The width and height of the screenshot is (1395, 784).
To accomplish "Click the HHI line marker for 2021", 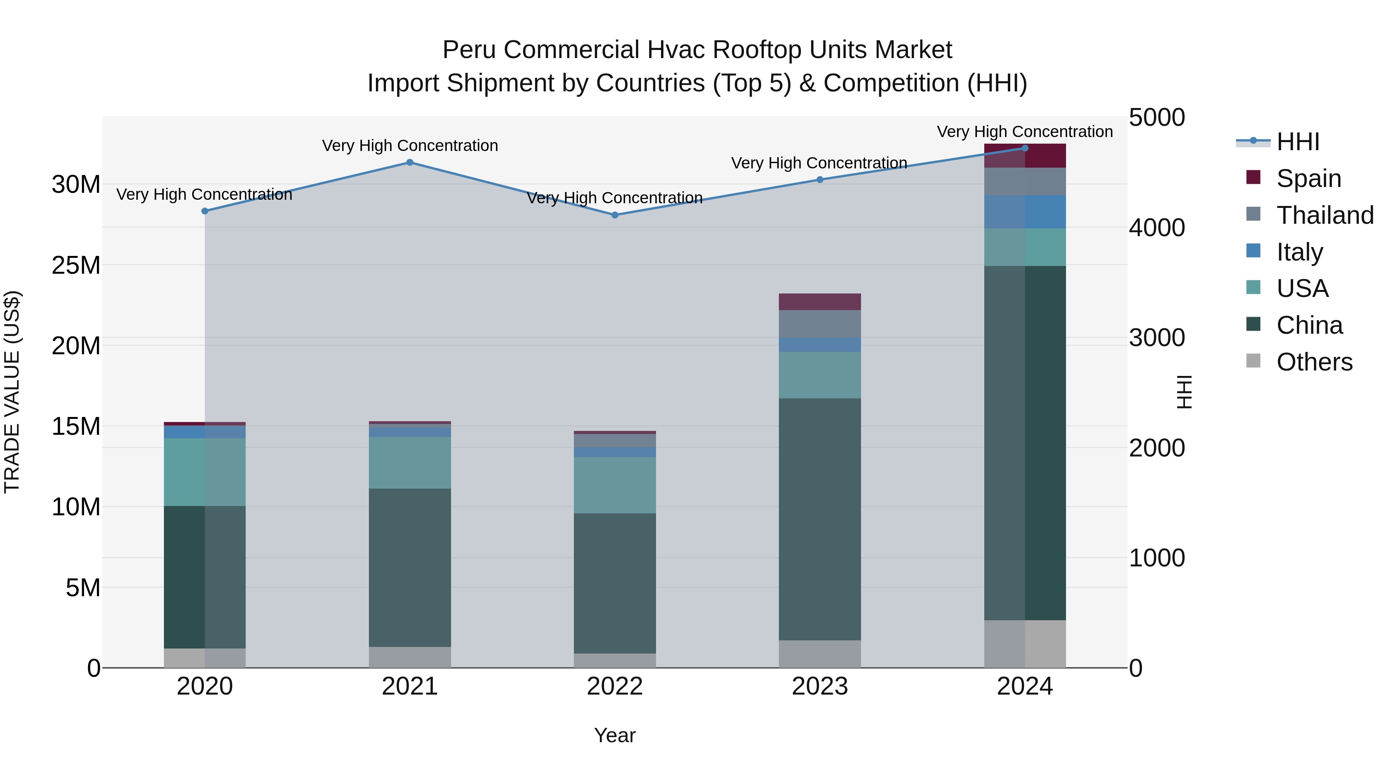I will [x=410, y=162].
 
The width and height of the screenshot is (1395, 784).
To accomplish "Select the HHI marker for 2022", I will [x=615, y=215].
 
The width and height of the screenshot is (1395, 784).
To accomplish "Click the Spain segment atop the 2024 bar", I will [x=1025, y=156].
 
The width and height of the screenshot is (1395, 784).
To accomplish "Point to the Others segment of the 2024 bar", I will [x=1025, y=644].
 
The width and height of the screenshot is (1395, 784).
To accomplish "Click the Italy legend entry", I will [x=1299, y=252].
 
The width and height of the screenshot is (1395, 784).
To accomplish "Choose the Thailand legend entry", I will [x=1324, y=215].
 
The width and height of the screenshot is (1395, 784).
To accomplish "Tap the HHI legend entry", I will [x=1297, y=142].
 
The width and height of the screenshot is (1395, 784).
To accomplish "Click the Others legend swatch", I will [x=1253, y=361].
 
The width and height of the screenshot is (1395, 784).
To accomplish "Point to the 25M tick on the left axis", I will [x=76, y=265].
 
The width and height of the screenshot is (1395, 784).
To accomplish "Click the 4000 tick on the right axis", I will [x=1157, y=228].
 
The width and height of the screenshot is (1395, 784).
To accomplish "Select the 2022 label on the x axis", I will [x=615, y=686].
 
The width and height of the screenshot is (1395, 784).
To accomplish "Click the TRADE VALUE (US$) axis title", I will [x=12, y=392].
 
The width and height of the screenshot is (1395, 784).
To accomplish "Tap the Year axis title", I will [x=615, y=735].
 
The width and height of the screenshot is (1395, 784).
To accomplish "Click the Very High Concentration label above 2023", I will [x=819, y=163].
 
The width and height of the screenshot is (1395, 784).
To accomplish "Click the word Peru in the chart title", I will [x=469, y=50].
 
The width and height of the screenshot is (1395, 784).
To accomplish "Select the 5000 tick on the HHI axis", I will [x=1157, y=118].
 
